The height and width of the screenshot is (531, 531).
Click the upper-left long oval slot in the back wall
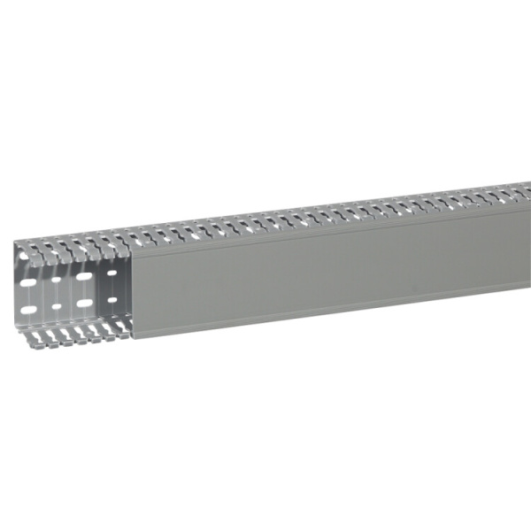point(30,281)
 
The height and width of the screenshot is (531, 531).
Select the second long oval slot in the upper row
point(84,277)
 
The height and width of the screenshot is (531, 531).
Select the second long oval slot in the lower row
point(84,304)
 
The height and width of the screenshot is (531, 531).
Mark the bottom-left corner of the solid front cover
point(132,337)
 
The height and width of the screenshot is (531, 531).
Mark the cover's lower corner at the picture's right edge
point(528,290)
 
